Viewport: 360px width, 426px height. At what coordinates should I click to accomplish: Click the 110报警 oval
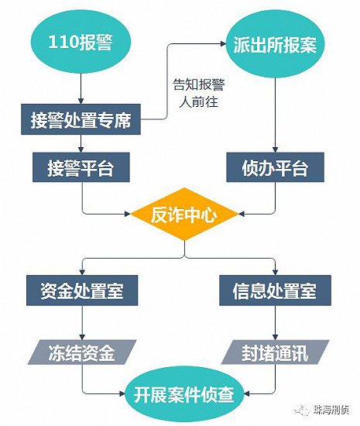[x=81, y=42]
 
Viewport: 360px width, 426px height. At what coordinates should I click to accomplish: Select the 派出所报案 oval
[x=275, y=44]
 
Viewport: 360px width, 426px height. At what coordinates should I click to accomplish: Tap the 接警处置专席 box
[x=81, y=119]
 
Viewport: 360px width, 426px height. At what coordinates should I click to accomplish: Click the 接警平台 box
[x=81, y=167]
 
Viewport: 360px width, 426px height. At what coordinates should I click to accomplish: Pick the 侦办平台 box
[x=275, y=167]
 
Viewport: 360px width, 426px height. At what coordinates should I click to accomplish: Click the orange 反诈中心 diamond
[x=184, y=214]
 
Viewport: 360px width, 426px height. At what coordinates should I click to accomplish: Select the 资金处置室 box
[x=82, y=290]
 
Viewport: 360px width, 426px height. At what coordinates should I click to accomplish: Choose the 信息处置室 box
[x=275, y=290]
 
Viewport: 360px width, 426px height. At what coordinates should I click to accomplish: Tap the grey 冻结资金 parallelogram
[x=82, y=352]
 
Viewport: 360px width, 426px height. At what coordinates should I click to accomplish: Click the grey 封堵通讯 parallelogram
[x=275, y=352]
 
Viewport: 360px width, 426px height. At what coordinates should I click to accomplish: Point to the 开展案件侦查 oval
[x=184, y=394]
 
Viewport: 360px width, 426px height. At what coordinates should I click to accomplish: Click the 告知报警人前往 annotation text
[x=199, y=93]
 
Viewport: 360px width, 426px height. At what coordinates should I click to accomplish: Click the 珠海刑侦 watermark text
[x=331, y=410]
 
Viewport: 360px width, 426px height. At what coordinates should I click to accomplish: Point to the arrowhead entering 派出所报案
[x=223, y=43]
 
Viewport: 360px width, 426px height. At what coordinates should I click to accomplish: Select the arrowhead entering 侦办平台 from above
[x=275, y=149]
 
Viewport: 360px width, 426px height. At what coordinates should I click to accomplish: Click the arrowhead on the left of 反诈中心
[x=128, y=214]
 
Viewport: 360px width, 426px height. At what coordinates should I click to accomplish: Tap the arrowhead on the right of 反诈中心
[x=242, y=214]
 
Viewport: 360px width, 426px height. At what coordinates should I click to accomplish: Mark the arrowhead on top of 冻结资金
[x=82, y=337]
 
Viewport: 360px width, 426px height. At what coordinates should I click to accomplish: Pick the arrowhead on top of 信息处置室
[x=275, y=272]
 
